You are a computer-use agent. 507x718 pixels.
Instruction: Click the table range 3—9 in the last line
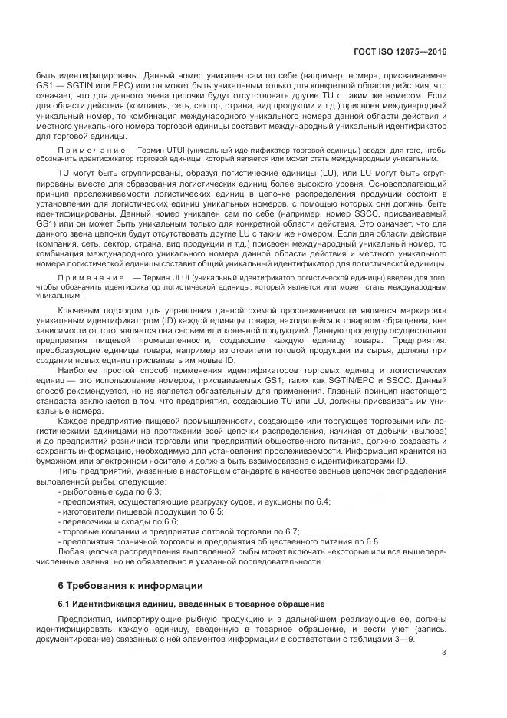point(403,639)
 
